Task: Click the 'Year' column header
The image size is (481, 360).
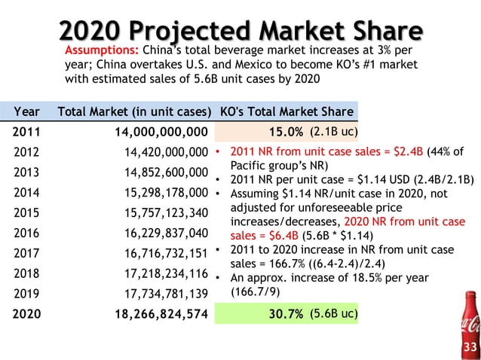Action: [x=27, y=112]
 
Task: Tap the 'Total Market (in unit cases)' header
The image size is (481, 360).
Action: [x=133, y=112]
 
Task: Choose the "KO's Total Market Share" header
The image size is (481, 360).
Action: [x=286, y=112]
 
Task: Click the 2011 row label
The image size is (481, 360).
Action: [x=27, y=133]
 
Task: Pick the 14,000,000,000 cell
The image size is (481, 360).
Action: [x=157, y=133]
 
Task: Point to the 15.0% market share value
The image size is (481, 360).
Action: [x=286, y=133]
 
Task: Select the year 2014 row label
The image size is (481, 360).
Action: [x=27, y=193]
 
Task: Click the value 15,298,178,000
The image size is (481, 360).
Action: [x=166, y=193]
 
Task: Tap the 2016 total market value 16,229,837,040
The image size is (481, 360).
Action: [x=166, y=233]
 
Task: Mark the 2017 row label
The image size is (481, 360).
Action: [x=27, y=253]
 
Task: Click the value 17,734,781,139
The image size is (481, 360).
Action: [x=166, y=294]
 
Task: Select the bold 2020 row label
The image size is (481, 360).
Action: [x=27, y=314]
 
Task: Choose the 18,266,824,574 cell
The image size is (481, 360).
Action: [x=157, y=314]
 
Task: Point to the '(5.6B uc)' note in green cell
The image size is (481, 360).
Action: [x=332, y=314]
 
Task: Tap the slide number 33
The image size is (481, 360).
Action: [x=470, y=347]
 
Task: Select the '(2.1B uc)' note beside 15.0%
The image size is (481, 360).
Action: [x=332, y=133]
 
